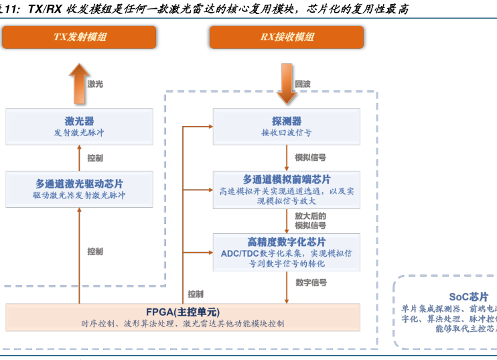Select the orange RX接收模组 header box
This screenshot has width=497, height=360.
click(287, 38)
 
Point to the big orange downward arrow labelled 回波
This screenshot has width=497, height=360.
click(287, 84)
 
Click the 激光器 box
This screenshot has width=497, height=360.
click(79, 126)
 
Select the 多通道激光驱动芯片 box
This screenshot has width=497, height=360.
click(79, 188)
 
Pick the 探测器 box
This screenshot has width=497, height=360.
click(287, 126)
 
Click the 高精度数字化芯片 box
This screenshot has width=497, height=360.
click(287, 251)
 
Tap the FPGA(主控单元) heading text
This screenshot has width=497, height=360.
click(183, 312)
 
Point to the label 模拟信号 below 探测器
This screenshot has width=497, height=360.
click(311, 158)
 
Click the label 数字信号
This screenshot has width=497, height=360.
click(311, 283)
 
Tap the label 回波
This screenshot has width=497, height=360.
click(303, 84)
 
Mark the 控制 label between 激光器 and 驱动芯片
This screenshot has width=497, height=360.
click(95, 158)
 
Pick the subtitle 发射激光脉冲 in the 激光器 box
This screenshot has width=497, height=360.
click(79, 133)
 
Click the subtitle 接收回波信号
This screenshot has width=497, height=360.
click(287, 133)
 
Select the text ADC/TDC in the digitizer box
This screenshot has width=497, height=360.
click(240, 253)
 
